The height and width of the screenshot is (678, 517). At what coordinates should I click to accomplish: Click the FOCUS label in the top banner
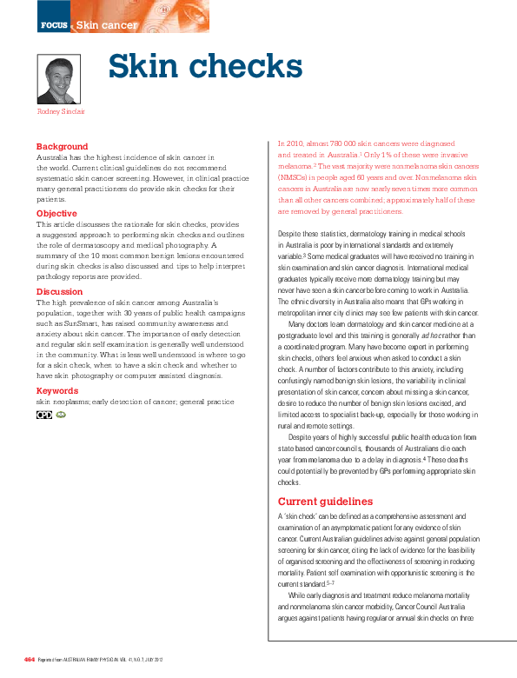[x=54, y=25]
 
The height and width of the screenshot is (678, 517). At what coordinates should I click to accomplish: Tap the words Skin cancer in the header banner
[x=106, y=25]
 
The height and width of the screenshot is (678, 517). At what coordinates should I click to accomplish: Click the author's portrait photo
[x=59, y=79]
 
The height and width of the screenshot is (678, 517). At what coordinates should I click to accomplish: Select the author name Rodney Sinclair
[x=61, y=111]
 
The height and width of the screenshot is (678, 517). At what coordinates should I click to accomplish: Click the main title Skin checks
[x=204, y=67]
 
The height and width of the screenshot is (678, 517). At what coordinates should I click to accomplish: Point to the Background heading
[x=62, y=147]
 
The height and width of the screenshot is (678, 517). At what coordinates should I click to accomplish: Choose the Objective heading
[x=56, y=214]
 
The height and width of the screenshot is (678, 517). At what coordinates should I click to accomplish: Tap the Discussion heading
[x=59, y=292]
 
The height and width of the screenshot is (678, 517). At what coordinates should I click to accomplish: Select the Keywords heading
[x=56, y=391]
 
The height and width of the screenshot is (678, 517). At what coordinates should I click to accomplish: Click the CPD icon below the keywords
[x=43, y=415]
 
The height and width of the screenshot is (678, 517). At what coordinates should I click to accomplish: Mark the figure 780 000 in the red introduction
[x=340, y=143]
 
